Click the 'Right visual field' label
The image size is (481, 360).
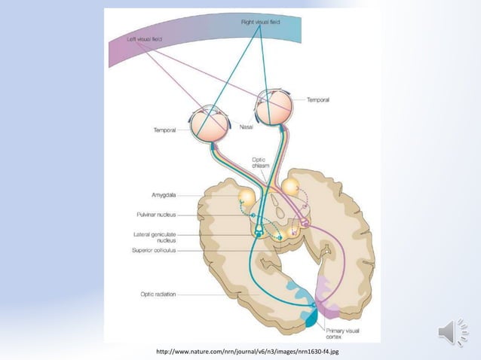tap(261, 23)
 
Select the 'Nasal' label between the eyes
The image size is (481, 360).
tap(247, 128)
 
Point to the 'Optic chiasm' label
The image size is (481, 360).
tap(259, 163)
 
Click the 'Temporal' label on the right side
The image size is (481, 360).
tap(319, 99)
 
